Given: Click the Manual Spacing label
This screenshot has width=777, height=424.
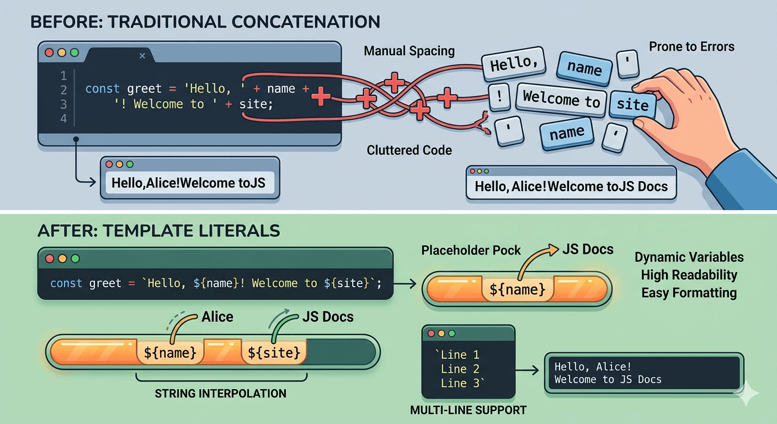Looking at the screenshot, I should pos(409,51).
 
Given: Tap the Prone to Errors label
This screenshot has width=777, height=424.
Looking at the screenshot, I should pos(691,46).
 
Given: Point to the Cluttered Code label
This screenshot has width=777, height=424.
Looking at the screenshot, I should pos(409,150).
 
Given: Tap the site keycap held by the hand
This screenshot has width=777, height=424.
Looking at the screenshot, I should pos(632,104).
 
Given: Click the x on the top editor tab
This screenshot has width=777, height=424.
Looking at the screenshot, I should pos(142,55).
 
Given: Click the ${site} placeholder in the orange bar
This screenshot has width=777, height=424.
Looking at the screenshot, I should pos(274,352).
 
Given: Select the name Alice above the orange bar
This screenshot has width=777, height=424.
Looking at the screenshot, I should pos(217,317).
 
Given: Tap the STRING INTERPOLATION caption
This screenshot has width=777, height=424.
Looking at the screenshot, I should pos(220,394).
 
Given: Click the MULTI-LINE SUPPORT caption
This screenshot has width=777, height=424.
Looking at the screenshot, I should pos(468,410).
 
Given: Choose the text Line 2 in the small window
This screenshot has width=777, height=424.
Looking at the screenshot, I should pos(460,369).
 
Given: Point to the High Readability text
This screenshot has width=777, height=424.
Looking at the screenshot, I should pos(689,275).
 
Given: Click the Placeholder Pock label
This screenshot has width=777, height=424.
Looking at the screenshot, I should pos(471,251).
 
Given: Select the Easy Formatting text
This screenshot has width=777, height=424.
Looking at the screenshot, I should pos(689,293).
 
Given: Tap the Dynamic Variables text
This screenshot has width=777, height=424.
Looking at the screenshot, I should pos(689,257).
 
